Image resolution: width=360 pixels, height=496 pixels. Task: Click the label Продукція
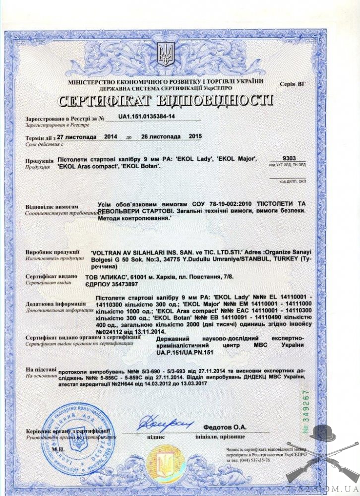(x=39, y=161)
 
